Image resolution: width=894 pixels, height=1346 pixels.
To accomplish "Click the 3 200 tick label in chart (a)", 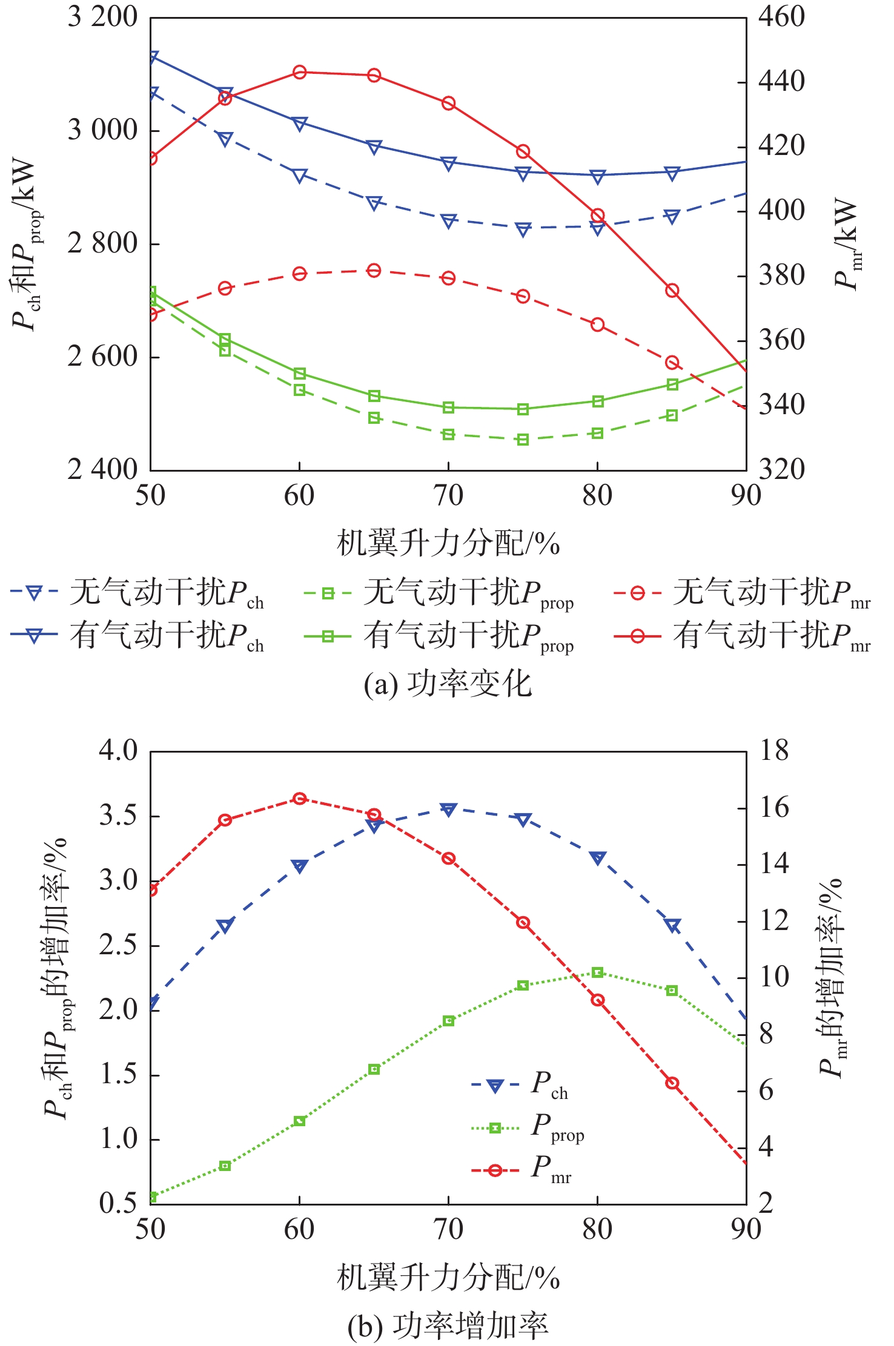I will point(102,17).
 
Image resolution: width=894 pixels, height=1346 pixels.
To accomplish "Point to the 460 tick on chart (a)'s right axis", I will point(781,17).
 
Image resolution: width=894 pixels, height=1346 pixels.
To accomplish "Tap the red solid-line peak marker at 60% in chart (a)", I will point(299,73).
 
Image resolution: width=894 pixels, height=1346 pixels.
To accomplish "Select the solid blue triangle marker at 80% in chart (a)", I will point(598,177).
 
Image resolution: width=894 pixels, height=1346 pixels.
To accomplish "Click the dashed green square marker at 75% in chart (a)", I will point(523,440).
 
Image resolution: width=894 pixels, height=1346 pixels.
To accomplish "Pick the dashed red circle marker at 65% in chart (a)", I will point(374,271).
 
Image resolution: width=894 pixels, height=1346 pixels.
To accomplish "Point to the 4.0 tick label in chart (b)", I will point(119,751).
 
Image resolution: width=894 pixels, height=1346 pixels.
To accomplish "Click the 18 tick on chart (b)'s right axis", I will point(774,751).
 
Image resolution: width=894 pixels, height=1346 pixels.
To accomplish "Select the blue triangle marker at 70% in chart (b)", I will point(448,810).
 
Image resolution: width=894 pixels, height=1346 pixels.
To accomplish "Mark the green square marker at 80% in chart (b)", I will point(598,972).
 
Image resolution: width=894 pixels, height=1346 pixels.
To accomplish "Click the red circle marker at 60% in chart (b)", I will point(299,799).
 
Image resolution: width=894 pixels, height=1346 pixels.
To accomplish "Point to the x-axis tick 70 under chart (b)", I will point(448,1229).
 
